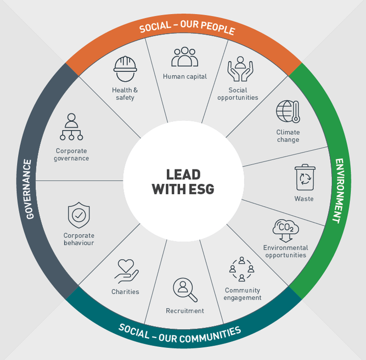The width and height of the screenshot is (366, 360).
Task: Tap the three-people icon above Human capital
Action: point(184,57)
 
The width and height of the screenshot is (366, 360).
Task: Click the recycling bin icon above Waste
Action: point(304,178)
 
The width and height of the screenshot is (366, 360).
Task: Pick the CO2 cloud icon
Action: point(285,230)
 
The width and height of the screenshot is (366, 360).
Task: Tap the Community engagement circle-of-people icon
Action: point(241,269)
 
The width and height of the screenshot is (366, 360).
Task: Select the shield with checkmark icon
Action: point(78,216)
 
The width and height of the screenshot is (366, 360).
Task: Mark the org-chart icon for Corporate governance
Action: point(71,127)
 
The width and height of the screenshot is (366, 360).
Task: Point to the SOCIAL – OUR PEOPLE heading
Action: point(187,29)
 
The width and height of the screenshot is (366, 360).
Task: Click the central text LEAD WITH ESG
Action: point(183,182)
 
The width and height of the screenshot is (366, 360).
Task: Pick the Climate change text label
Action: point(288,136)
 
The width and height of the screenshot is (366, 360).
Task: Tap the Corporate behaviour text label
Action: point(78,239)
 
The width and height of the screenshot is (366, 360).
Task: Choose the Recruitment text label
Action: point(185,311)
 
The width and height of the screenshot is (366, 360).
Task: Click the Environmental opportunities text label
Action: point(285,251)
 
